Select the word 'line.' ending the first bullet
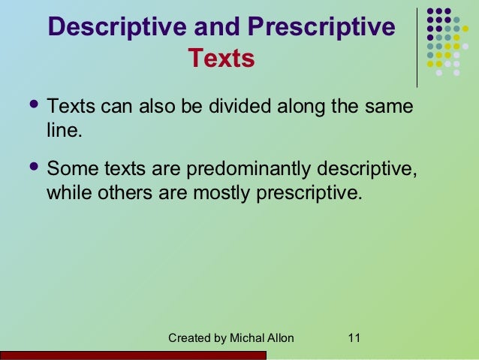(x=64, y=132)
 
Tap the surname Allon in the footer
(x=280, y=337)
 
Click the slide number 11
(x=354, y=337)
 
